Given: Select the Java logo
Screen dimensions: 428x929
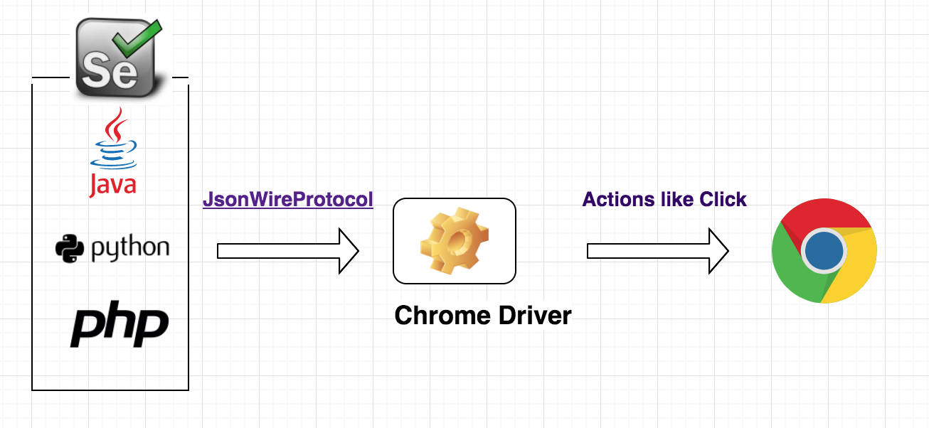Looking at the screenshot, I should [x=112, y=153].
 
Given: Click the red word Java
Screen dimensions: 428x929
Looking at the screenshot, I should [x=112, y=183].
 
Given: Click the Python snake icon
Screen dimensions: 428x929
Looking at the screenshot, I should [x=70, y=248].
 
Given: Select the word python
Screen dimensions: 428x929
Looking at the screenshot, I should [x=130, y=249].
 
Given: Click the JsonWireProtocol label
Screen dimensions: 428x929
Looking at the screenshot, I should [x=287, y=200].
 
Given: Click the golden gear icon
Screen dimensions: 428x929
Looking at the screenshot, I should [x=455, y=240].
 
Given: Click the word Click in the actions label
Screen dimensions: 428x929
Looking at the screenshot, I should [x=723, y=199].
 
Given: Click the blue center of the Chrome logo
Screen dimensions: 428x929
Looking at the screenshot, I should [x=824, y=251].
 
